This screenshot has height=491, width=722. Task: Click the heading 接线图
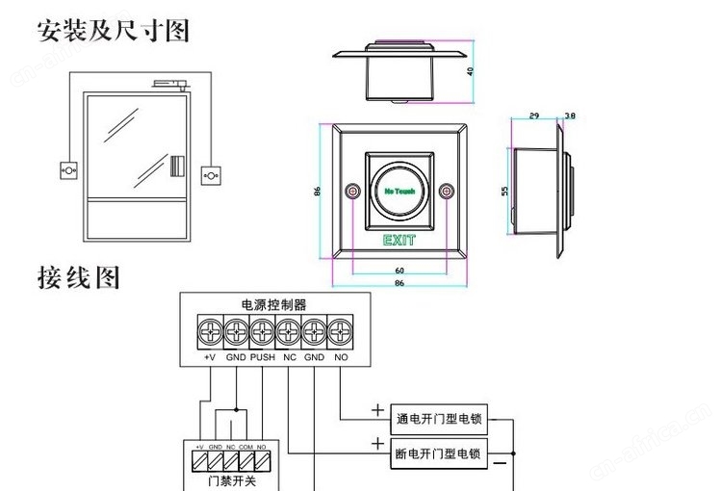(x=80, y=278)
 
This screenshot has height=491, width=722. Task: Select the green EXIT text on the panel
(x=399, y=240)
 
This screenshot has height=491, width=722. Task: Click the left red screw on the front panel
(x=353, y=193)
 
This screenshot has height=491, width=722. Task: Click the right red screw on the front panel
(x=446, y=193)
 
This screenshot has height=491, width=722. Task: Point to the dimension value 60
(x=399, y=271)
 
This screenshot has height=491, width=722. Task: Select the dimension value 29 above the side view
(x=534, y=116)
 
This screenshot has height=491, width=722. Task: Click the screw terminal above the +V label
(x=210, y=332)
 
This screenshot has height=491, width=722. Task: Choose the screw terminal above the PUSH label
(x=262, y=332)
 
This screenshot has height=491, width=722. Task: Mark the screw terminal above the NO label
(x=340, y=332)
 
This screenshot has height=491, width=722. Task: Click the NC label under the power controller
(x=289, y=357)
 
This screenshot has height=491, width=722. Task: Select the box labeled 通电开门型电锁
(x=438, y=420)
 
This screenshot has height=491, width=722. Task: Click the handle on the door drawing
(x=175, y=165)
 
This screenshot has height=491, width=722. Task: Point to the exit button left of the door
(x=68, y=168)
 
